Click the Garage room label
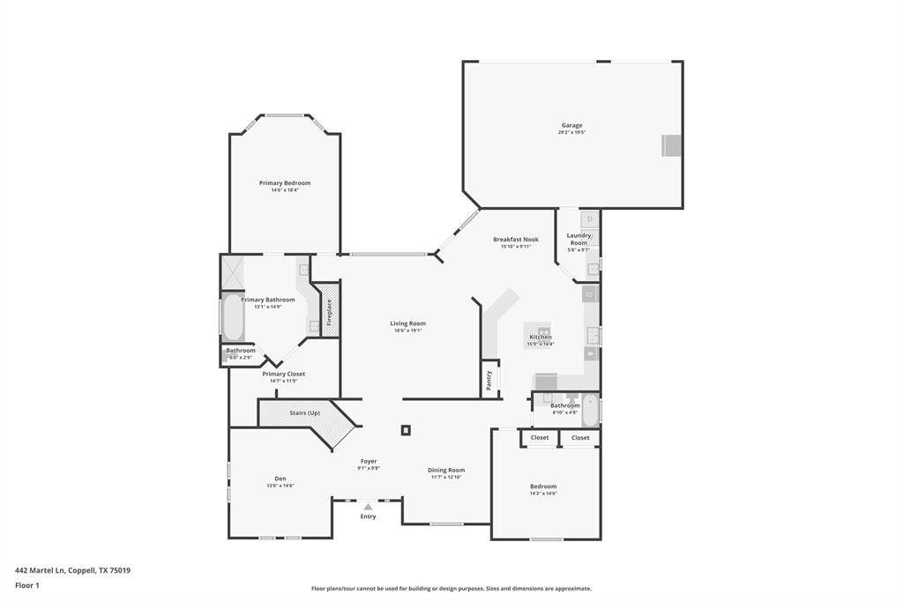571,125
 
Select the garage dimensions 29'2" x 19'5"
571,132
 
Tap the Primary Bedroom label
284,183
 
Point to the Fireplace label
330,312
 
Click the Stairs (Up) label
304,412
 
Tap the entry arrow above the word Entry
368,507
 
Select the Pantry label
489,380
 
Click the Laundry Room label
578,239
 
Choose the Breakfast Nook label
516,239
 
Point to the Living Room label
407,323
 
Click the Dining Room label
446,470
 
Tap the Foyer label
368,461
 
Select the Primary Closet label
284,374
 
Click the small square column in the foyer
406,430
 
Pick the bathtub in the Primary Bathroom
234,319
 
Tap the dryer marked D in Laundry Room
590,219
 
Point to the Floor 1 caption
27,585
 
